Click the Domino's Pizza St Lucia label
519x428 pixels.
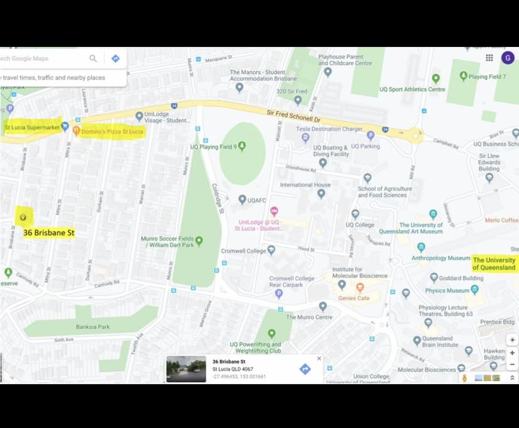[112, 131]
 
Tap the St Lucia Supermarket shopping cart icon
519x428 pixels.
[65, 127]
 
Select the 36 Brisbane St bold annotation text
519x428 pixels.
[49, 233]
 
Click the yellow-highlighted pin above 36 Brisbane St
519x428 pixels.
[24, 217]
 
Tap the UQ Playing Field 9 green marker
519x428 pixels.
[241, 146]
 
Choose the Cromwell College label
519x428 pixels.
[244, 251]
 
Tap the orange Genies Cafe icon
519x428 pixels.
[360, 287]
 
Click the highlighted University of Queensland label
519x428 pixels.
[494, 263]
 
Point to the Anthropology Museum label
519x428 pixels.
[441, 258]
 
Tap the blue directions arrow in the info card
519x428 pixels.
[305, 369]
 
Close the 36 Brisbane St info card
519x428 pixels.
[319, 359]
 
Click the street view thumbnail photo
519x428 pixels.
[186, 369]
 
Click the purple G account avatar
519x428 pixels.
[508, 58]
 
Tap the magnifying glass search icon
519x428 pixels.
[93, 58]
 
